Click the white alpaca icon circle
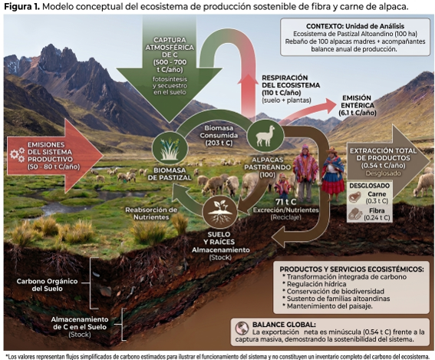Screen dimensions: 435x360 265,137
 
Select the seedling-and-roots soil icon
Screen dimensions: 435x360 220,213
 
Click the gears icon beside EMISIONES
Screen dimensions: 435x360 17,154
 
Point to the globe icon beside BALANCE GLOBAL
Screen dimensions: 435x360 242,329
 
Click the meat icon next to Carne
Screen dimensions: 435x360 354,197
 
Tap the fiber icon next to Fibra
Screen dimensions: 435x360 355,214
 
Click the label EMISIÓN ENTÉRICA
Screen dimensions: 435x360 358,105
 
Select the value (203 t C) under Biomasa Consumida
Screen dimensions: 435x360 219,143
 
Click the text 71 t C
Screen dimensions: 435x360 285,202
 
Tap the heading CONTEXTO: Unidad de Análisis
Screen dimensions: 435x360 355,26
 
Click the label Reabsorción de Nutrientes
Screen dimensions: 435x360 151,213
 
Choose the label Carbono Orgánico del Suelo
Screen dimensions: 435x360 47,285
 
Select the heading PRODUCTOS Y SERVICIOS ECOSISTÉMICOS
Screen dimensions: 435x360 351,269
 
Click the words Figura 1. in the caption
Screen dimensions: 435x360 22,7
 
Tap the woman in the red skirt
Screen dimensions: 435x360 333,174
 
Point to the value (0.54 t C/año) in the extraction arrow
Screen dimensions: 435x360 383,166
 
